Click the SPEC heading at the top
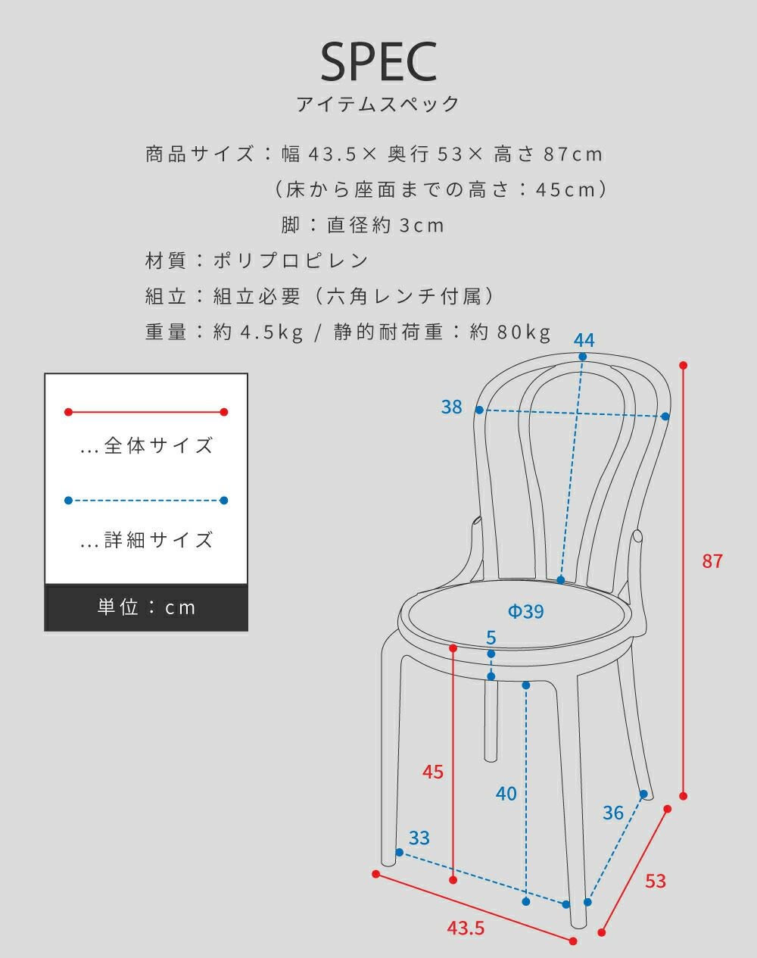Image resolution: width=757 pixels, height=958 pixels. point(378,61)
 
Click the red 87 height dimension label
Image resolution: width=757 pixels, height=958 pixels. point(712,561)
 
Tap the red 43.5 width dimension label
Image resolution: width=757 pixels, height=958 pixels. point(466,928)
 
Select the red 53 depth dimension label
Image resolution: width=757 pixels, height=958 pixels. point(655,881)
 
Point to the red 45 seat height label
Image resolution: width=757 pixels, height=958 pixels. point(432,772)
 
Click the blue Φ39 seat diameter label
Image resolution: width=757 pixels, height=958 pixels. point(525,611)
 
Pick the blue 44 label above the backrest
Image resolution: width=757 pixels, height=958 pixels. point(584,340)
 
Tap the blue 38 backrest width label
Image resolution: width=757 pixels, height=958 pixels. point(451,407)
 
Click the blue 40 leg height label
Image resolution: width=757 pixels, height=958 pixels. point(506,794)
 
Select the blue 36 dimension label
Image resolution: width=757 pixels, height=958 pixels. point(613,813)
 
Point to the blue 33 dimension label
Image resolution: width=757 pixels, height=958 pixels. point(419,838)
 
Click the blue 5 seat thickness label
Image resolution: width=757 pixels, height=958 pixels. point(491,638)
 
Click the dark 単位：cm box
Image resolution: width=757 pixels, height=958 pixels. point(146,607)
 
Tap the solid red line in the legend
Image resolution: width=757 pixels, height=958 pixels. point(146,412)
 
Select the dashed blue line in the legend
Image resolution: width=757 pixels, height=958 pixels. point(146,501)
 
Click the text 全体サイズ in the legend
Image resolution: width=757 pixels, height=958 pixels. point(158,445)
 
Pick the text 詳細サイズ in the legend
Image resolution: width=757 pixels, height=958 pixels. point(158,540)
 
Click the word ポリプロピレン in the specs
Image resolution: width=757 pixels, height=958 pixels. point(291,261)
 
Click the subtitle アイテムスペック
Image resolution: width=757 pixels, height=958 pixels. point(378,105)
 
